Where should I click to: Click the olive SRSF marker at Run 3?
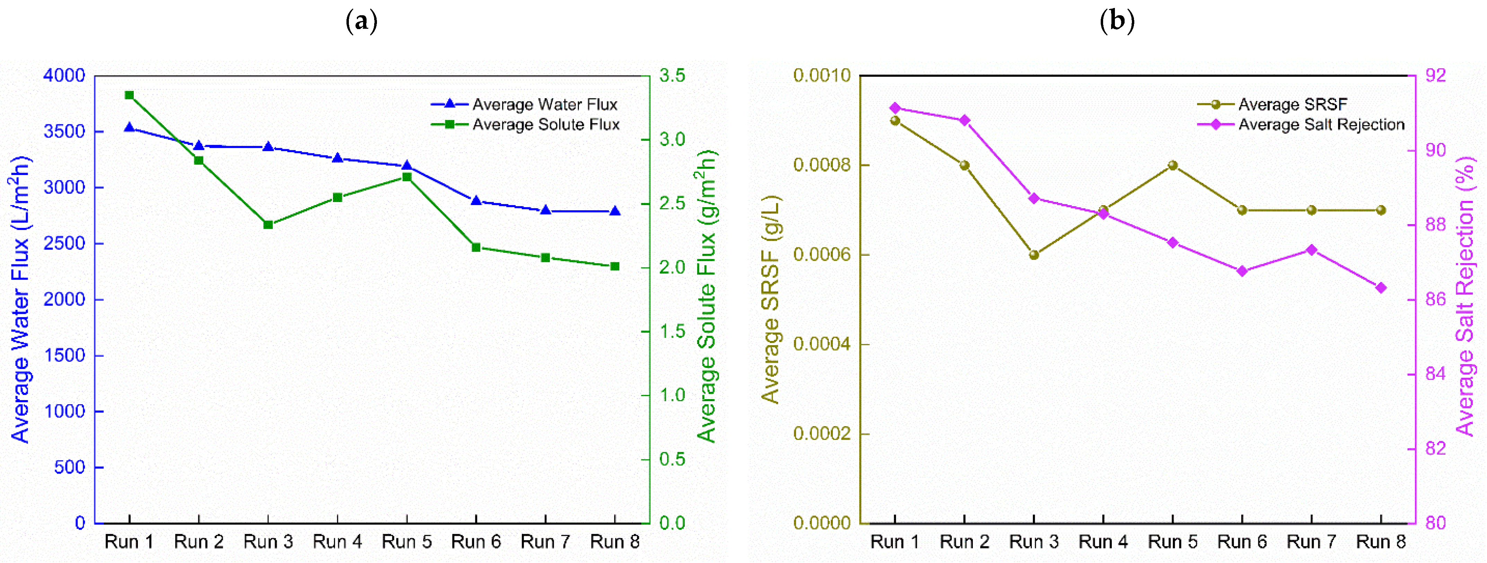click(x=1034, y=255)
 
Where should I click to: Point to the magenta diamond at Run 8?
click(x=1381, y=288)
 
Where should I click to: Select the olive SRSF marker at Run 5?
click(x=1172, y=165)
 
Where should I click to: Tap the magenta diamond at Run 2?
click(x=965, y=121)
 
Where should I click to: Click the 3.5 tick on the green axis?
click(x=672, y=76)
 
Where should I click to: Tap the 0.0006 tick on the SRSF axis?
click(x=822, y=255)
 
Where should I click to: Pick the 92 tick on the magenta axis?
click(x=1436, y=76)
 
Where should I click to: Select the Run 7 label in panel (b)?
click(x=1311, y=542)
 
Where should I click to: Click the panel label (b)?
click(x=1117, y=22)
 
